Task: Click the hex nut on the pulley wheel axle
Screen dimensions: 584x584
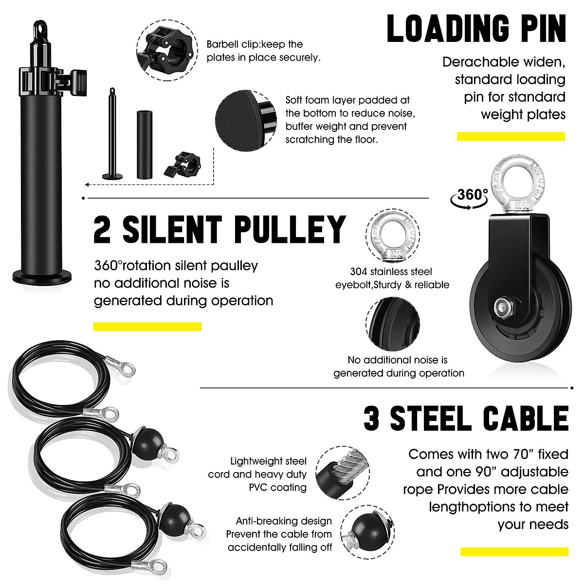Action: click(502, 307)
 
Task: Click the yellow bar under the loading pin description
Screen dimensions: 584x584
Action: click(511, 137)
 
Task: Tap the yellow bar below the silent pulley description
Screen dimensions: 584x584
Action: click(147, 327)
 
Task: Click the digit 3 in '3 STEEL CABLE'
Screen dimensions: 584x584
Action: click(371, 420)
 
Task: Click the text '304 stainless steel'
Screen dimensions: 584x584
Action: click(391, 272)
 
